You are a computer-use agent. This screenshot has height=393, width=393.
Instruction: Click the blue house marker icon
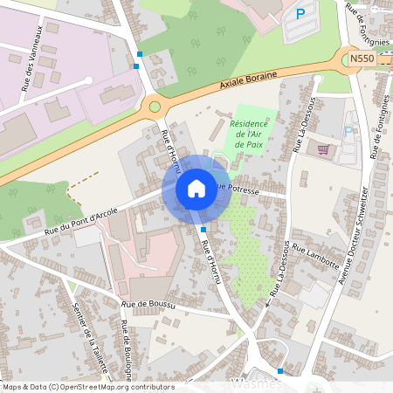point(196,188)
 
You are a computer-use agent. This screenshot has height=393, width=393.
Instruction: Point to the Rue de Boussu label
point(149,305)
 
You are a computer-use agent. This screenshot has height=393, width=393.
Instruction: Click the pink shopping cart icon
point(324,148)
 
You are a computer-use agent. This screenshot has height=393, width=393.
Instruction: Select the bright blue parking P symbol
point(301,14)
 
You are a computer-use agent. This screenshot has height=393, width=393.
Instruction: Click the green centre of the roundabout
point(155,107)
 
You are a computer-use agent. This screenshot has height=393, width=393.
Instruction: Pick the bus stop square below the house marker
point(203,229)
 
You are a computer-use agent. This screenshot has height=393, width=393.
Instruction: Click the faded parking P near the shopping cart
point(348,131)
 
